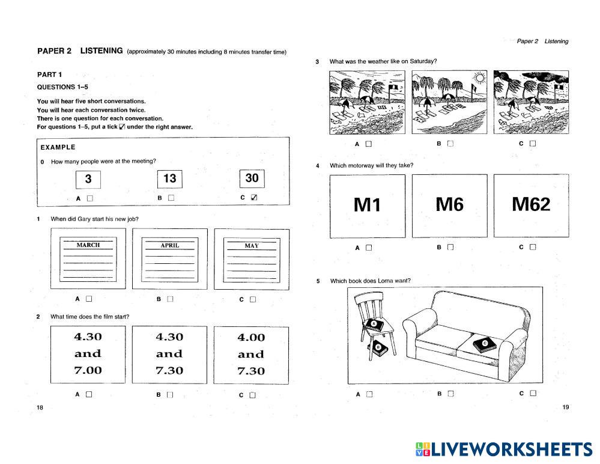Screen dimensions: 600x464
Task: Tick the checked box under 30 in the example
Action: pyautogui.click(x=254, y=198)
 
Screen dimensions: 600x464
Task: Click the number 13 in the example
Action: pyautogui.click(x=170, y=179)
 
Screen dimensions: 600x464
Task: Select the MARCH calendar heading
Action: pyautogui.click(x=88, y=245)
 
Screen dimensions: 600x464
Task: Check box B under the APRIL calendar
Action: pyautogui.click(x=170, y=299)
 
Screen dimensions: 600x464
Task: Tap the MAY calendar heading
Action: pyautogui.click(x=252, y=246)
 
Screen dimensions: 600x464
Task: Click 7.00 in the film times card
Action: pyautogui.click(x=88, y=370)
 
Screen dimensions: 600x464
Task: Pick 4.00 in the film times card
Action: pyautogui.click(x=251, y=338)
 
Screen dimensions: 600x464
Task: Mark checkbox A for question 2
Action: pyautogui.click(x=89, y=395)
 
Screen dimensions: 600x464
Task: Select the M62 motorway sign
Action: pyautogui.click(x=531, y=205)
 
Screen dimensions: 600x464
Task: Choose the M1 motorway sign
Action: pyautogui.click(x=368, y=206)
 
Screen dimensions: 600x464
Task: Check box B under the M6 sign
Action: pyautogui.click(x=450, y=247)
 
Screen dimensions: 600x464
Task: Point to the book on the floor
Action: pyautogui.click(x=380, y=347)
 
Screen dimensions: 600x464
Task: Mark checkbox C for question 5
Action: pyautogui.click(x=533, y=394)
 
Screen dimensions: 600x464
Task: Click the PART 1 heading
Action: pyautogui.click(x=49, y=75)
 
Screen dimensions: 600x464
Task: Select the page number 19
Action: pyautogui.click(x=565, y=408)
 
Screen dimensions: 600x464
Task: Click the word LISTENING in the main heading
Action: pyautogui.click(x=102, y=51)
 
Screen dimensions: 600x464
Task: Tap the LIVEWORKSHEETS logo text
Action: pyautogui.click(x=511, y=450)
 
